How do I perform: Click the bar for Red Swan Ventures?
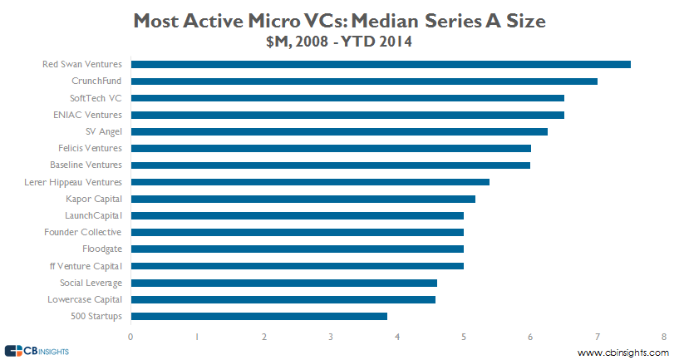click(381, 64)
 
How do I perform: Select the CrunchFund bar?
click(364, 81)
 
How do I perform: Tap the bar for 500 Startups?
click(258, 316)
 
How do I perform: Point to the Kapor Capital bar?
click(303, 199)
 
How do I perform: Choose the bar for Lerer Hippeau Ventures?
click(310, 181)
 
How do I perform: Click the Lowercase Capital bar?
click(283, 299)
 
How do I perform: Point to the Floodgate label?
click(102, 249)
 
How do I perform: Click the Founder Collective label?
click(83, 232)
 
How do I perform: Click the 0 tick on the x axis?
click(130, 336)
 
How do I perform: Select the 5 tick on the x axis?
click(464, 336)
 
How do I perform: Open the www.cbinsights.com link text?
click(622, 353)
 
